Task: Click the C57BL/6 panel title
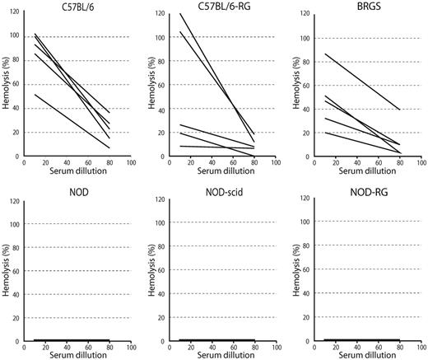click(69, 7)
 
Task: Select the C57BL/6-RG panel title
click(216, 7)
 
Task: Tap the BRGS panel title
click(365, 7)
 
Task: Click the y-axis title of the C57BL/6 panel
click(7, 85)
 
